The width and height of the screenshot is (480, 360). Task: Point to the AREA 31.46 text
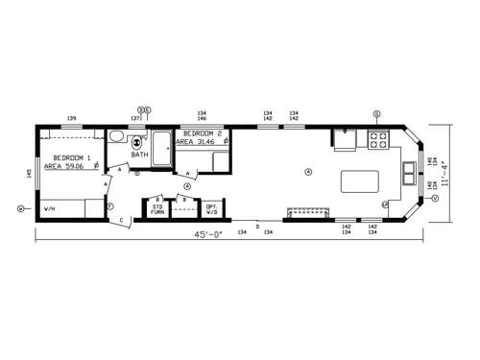pos(198,142)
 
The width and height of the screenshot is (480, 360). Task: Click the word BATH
pos(140,155)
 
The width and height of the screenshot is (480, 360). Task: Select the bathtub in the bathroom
pos(160,149)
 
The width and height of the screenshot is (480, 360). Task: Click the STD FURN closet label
pos(156,208)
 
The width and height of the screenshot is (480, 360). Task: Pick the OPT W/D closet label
pos(211,208)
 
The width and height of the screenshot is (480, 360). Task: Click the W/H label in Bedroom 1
pos(49,208)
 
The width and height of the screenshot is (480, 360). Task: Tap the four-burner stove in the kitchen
pos(375,142)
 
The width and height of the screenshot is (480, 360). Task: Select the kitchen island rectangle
pos(357,180)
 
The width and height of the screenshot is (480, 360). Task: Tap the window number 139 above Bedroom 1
pos(72,118)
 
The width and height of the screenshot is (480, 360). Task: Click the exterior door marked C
pos(122,221)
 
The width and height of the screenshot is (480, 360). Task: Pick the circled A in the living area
pos(308,171)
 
